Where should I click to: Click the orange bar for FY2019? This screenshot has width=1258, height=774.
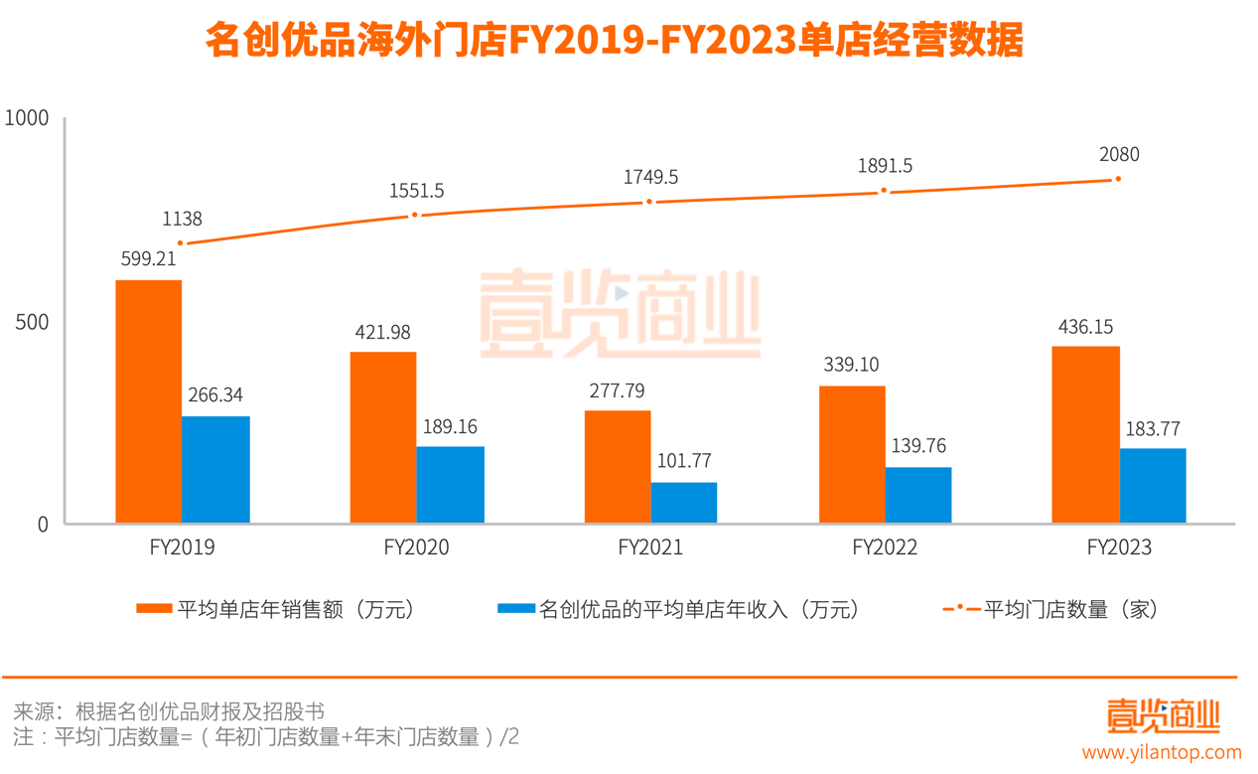149,401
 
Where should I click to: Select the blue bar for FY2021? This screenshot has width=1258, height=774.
684,503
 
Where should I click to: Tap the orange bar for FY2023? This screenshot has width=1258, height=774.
1086,434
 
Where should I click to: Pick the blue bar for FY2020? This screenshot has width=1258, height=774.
450,485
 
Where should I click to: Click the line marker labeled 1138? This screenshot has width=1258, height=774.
181,242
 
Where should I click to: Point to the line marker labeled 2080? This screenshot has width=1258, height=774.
1118,179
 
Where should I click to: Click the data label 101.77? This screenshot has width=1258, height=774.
684,461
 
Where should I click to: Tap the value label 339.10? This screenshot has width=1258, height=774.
851,365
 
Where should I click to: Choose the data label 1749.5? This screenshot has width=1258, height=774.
650,177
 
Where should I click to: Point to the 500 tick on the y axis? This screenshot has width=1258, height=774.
34,323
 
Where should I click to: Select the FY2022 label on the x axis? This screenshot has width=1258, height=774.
884,547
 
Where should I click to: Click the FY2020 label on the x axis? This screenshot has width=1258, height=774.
415,547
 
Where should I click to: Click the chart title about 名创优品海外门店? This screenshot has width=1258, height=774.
614,42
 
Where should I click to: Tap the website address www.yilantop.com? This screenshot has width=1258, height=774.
1162,752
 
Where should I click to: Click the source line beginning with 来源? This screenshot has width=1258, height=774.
169,711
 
